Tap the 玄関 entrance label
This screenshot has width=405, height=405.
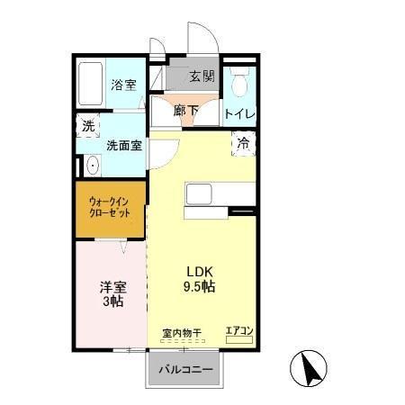(202, 76)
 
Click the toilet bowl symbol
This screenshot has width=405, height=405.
(238, 86)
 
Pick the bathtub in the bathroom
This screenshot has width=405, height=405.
(90, 85)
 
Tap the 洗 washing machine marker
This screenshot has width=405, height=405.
(88, 127)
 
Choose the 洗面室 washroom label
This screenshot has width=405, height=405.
(123, 144)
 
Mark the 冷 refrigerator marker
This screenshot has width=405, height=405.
(243, 142)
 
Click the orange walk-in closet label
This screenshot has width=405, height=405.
(110, 209)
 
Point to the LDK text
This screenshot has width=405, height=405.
(199, 271)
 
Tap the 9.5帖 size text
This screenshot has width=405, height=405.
(200, 288)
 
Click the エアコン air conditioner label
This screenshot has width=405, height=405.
(238, 331)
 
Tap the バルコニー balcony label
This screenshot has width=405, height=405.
(185, 371)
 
